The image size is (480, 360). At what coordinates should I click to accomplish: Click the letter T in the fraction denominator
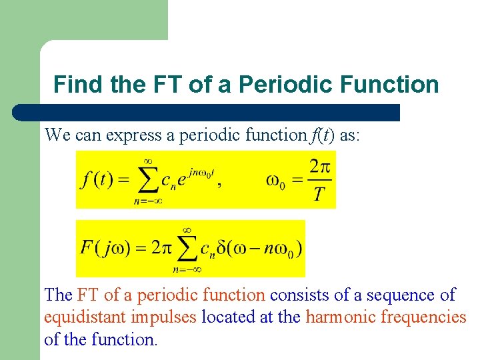click(x=319, y=195)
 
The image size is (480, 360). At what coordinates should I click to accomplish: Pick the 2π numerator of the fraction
click(x=319, y=166)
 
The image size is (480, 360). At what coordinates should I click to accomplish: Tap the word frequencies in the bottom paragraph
click(x=423, y=317)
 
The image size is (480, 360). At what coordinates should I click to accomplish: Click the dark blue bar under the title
click(x=207, y=112)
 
